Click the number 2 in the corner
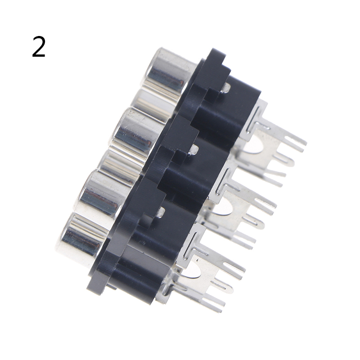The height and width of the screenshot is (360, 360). pyautogui.click(x=39, y=47)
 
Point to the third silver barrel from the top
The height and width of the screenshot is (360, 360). pyautogui.click(x=138, y=134)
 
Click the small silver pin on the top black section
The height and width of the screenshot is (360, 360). pyautogui.click(x=226, y=88)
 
